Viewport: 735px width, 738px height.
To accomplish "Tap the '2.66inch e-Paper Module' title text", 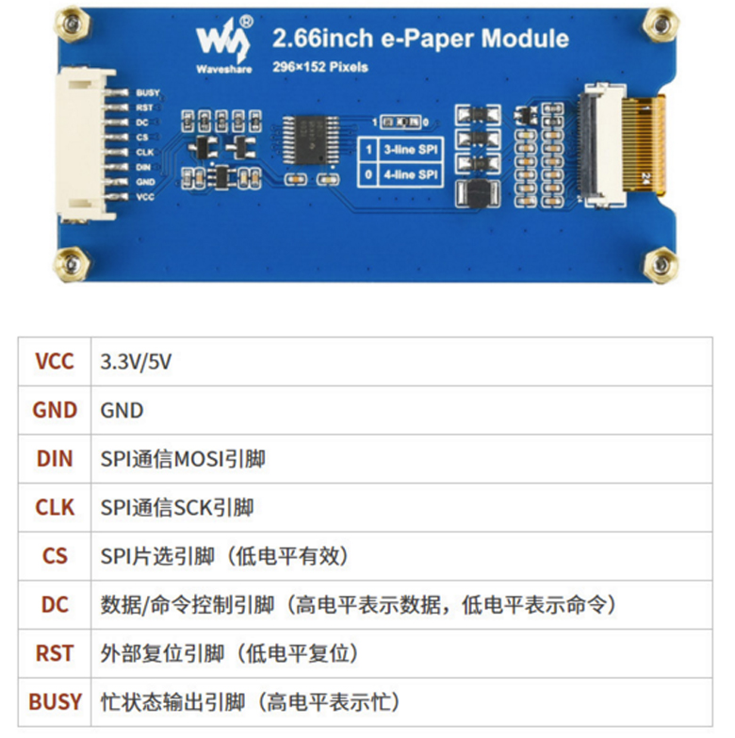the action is coord(420,39).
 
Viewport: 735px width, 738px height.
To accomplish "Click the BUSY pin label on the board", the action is coord(148,92).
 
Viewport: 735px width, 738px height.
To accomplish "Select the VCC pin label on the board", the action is coord(145,197).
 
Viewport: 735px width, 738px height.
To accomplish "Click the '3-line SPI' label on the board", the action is coord(411,150).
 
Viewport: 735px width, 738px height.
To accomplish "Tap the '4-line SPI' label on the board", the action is coord(411,174).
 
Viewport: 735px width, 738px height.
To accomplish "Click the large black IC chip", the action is coord(311,139).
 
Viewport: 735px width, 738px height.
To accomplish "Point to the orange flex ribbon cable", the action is coord(644,143).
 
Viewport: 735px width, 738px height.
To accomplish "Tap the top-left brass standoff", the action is coord(72,24).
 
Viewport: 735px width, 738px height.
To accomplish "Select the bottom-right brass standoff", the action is coord(661,265).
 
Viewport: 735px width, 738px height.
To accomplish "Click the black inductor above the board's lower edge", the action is coord(478,193).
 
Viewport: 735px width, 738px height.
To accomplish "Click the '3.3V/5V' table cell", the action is coord(136,362).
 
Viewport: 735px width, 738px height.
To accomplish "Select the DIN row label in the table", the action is coord(55,459).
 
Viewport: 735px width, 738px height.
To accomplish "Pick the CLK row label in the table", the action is coord(55,507).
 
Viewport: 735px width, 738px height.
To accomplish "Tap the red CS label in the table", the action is coord(55,556).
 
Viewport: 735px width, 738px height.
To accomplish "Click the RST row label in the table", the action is coord(55,653).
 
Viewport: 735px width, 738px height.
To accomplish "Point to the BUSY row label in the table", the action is coord(55,702).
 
